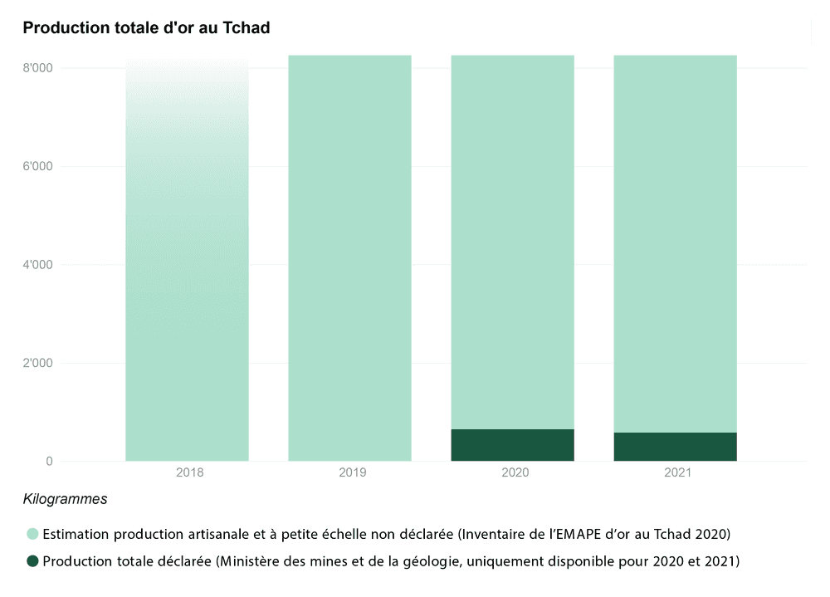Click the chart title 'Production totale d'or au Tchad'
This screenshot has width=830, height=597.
pyautogui.click(x=146, y=27)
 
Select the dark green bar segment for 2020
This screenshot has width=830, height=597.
pyautogui.click(x=512, y=445)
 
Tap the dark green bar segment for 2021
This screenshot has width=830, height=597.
pyautogui.click(x=675, y=447)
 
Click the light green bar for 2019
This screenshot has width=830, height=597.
pyautogui.click(x=349, y=257)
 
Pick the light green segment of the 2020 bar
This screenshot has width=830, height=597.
pyautogui.click(x=512, y=241)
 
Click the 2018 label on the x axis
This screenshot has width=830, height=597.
pyautogui.click(x=190, y=472)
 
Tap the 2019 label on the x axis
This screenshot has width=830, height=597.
pyautogui.click(x=353, y=472)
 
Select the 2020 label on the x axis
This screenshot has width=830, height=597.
pyautogui.click(x=515, y=472)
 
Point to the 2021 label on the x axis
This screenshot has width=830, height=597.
pyautogui.click(x=677, y=472)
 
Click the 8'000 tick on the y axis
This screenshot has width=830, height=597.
pyautogui.click(x=37, y=68)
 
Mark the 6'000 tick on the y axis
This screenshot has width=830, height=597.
pyautogui.click(x=37, y=166)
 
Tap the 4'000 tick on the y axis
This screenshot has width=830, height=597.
pyautogui.click(x=37, y=265)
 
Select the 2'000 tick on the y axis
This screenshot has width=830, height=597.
pyautogui.click(x=37, y=363)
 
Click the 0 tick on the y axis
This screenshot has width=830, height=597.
pyautogui.click(x=49, y=461)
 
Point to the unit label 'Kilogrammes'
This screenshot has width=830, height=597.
pyautogui.click(x=65, y=500)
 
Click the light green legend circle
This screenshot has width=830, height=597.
pyautogui.click(x=32, y=533)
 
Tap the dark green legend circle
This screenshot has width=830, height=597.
pyautogui.click(x=32, y=562)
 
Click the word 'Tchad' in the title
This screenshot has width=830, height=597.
pyautogui.click(x=246, y=27)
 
